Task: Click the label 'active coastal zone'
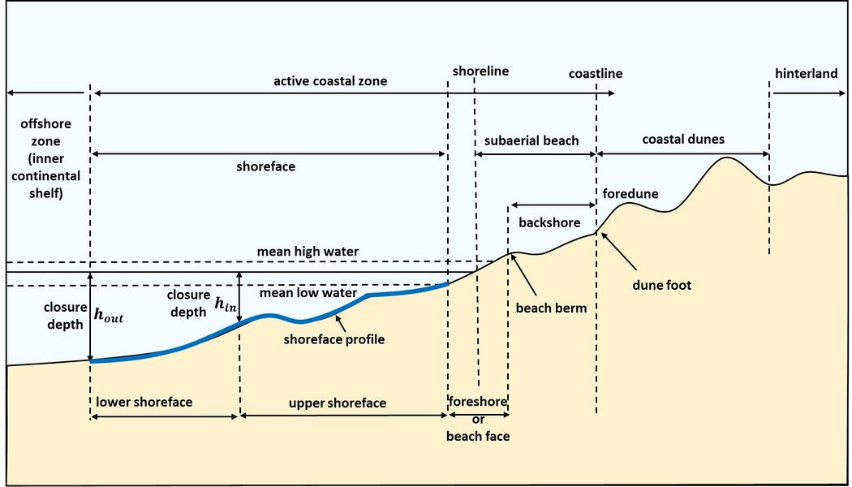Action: (x=330, y=81)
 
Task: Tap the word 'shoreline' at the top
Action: (x=481, y=71)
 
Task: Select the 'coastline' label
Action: (x=596, y=74)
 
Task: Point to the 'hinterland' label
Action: (x=806, y=74)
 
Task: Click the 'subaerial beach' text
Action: (x=531, y=140)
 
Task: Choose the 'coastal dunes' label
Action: (x=683, y=140)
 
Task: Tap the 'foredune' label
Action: (x=630, y=194)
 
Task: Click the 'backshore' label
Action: (x=549, y=222)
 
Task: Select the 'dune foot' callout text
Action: (x=662, y=285)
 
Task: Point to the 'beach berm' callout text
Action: (x=551, y=308)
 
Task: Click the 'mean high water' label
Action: (x=308, y=252)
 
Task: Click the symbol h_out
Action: (x=109, y=316)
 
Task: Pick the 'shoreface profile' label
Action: (x=333, y=339)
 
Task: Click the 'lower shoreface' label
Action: (x=144, y=403)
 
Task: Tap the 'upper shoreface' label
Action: (x=338, y=403)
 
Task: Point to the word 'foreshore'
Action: (x=478, y=402)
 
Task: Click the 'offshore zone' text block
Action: (x=45, y=158)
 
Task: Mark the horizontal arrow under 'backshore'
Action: (x=552, y=205)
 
